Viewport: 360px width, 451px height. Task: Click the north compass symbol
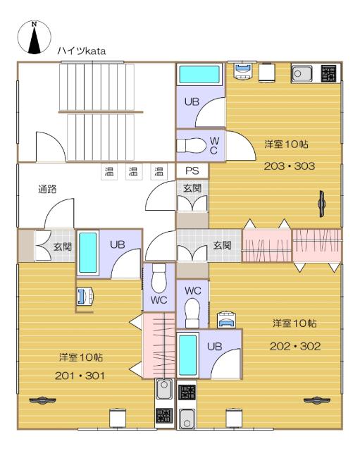[x=34, y=38]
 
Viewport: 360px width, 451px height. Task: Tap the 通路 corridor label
[x=47, y=189]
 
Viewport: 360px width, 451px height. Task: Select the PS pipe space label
[x=192, y=171]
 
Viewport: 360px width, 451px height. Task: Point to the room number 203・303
[x=290, y=166]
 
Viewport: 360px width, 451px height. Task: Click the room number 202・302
[x=295, y=346]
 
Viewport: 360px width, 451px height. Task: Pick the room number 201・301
[x=80, y=376]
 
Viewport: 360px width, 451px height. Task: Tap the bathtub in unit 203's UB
[x=199, y=75]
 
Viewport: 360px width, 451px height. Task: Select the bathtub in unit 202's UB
[x=187, y=355]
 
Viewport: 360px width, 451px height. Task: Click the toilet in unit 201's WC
[x=159, y=281]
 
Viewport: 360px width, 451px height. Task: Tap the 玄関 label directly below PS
[x=192, y=188]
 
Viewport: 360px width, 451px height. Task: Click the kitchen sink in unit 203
[x=302, y=73]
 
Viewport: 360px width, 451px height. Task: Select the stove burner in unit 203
[x=328, y=73]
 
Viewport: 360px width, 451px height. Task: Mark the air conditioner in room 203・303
[x=321, y=201]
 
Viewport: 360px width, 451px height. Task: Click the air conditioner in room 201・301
[x=44, y=401]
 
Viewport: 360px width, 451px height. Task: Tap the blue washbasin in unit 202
[x=227, y=319]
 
